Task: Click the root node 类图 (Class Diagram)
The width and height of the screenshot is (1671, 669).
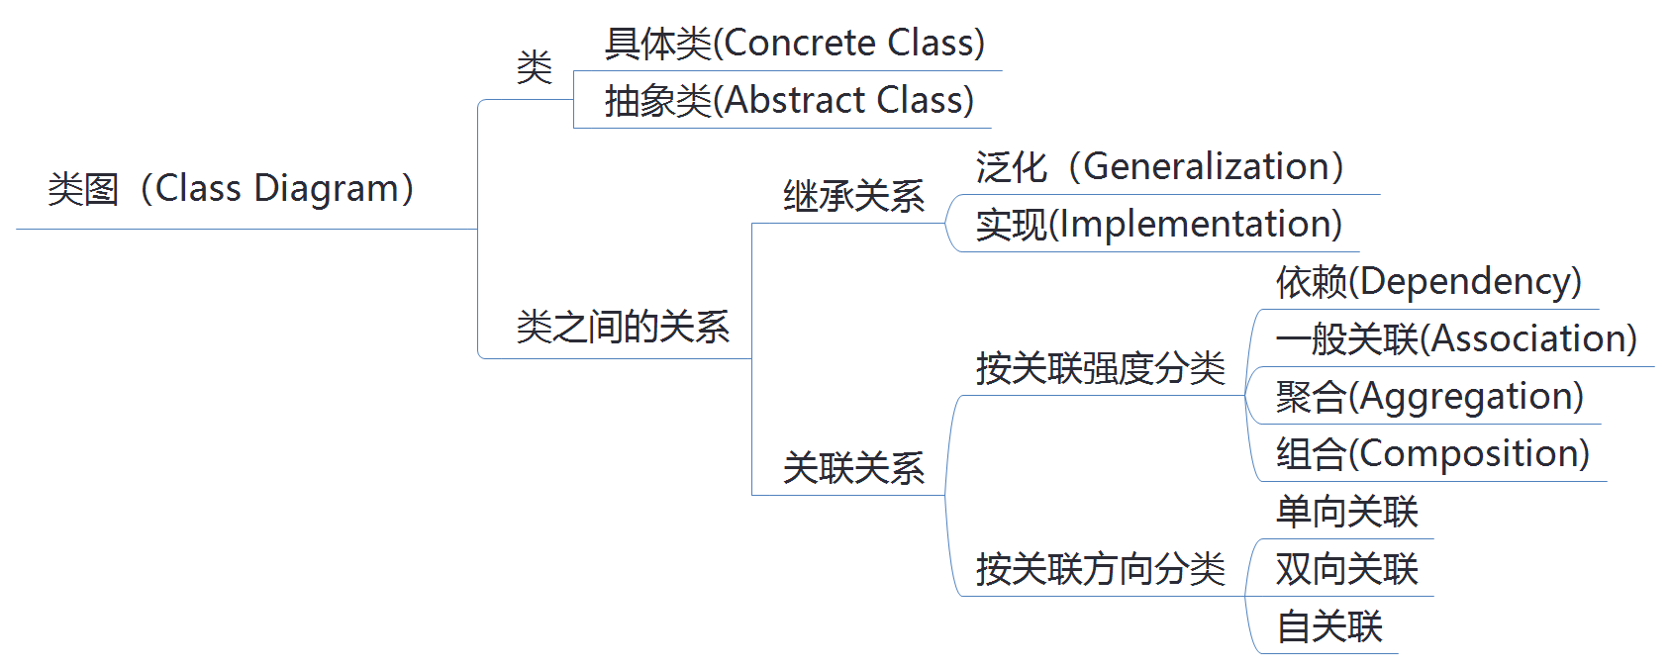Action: (231, 188)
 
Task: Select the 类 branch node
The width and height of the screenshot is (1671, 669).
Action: (535, 67)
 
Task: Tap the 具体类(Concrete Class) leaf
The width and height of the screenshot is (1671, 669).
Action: (794, 44)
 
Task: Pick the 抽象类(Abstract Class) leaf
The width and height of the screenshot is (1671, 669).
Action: (789, 101)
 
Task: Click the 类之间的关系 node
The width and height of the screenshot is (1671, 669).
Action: (623, 327)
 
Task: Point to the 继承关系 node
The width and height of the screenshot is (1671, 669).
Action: (853, 196)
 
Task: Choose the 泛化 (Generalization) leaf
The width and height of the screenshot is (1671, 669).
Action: (1159, 167)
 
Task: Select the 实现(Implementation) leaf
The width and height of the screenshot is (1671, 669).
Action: (1158, 225)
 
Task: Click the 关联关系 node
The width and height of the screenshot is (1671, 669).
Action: (853, 468)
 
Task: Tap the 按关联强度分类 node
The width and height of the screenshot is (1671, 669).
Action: (1100, 368)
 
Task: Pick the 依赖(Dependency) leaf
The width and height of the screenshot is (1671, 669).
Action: (1428, 282)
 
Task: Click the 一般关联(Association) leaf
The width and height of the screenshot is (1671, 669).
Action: (1456, 339)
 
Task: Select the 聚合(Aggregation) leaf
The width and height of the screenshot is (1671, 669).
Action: (1429, 397)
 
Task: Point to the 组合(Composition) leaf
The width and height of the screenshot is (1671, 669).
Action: (1432, 454)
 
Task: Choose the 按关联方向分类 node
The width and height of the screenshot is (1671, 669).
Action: (1100, 569)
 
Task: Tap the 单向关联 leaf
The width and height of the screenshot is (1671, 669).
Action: (1346, 512)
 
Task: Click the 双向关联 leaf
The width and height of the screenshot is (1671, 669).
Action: (1346, 569)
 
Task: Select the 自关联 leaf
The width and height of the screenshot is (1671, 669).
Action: (1328, 626)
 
